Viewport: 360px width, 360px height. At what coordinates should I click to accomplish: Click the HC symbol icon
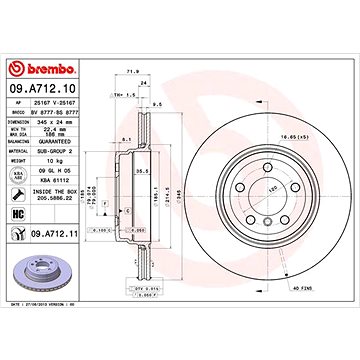coord(19,214)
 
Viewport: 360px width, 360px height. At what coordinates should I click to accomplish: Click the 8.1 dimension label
coord(120,140)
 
